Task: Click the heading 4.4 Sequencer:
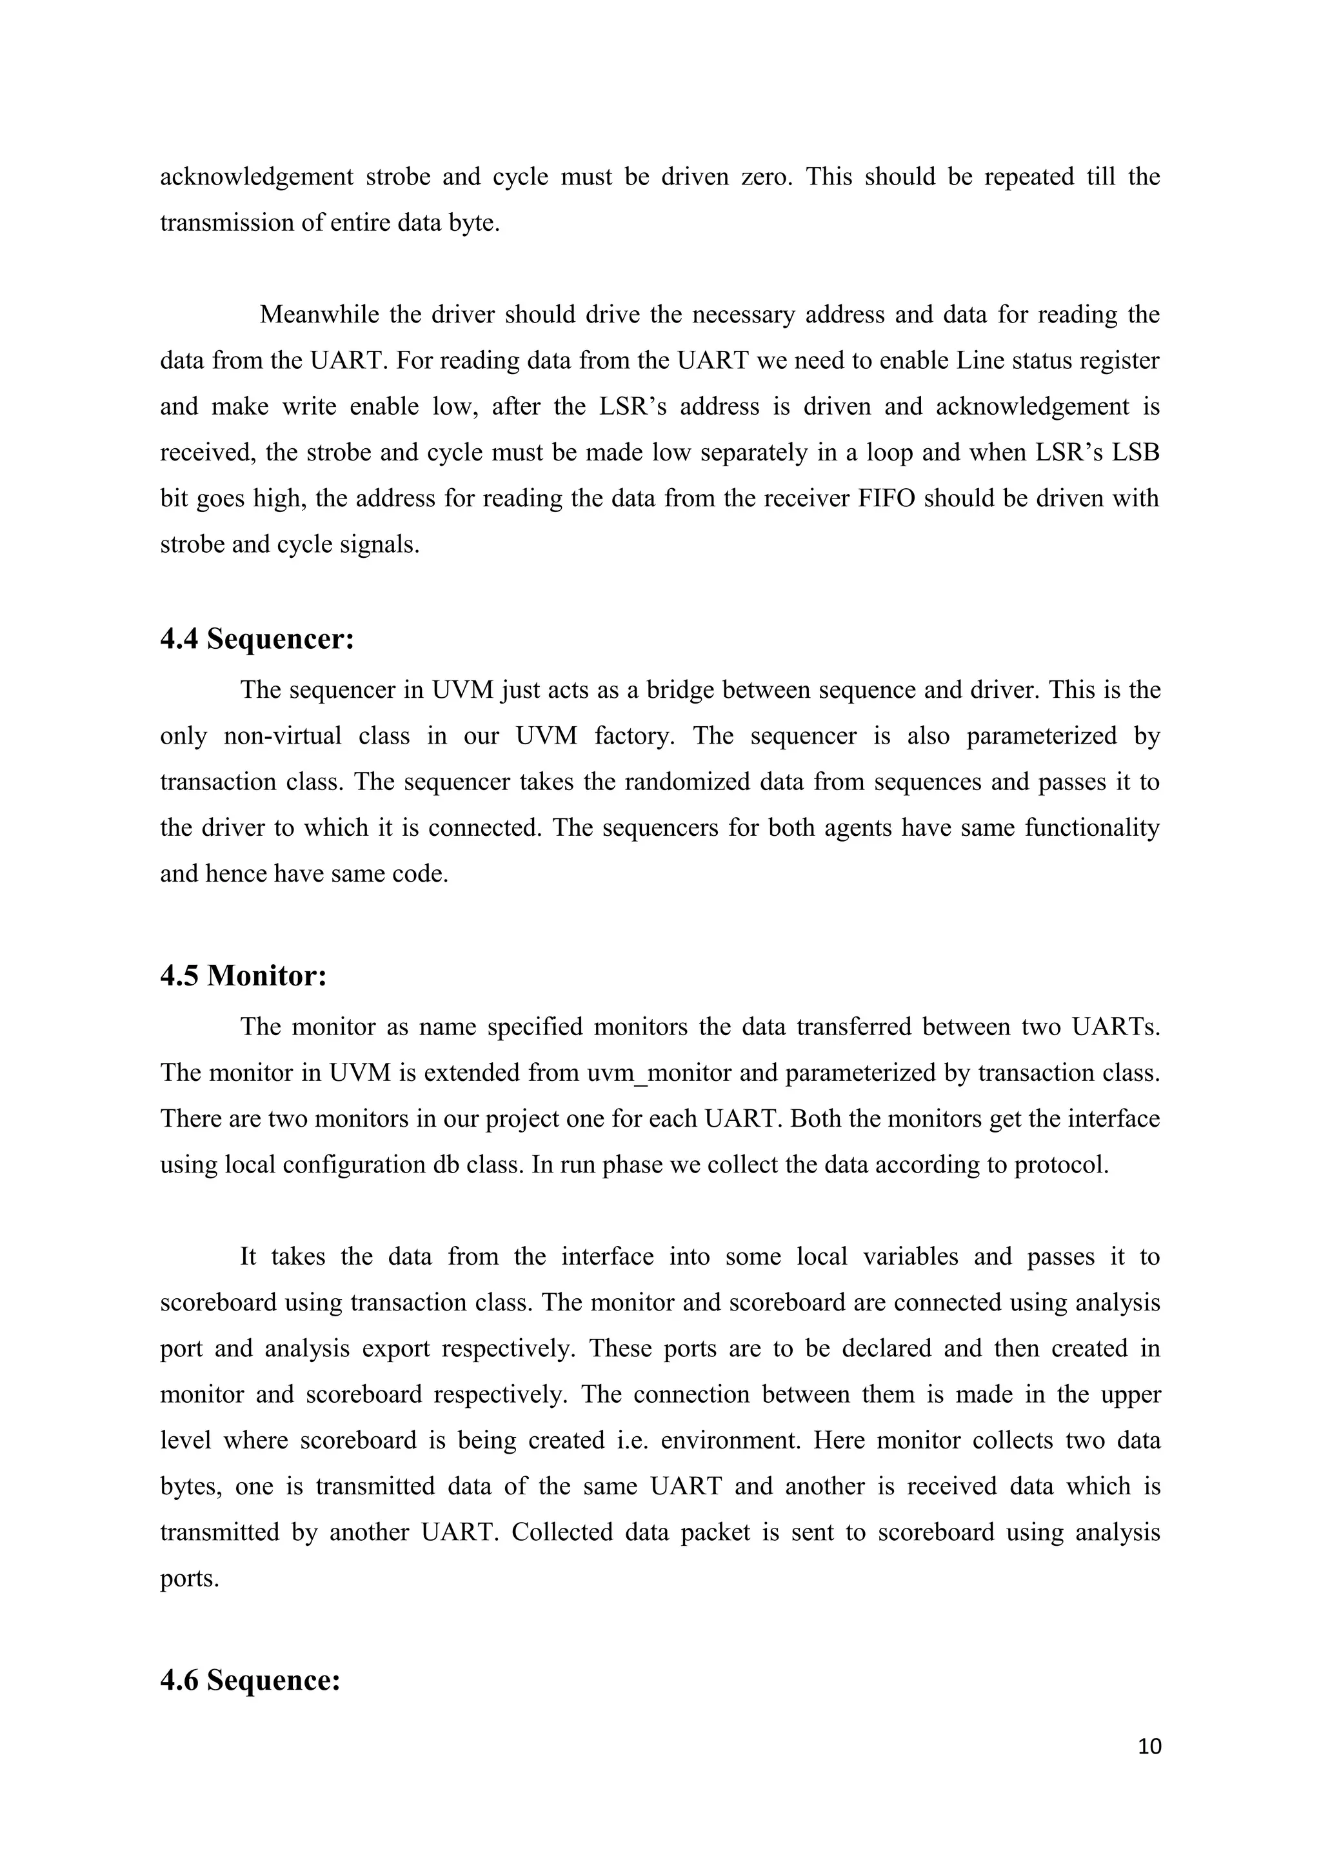point(257,640)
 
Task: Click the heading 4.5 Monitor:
point(243,976)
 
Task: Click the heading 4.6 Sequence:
point(249,1680)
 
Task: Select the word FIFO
point(886,498)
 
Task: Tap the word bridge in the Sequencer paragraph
point(680,690)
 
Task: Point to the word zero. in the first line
point(766,177)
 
